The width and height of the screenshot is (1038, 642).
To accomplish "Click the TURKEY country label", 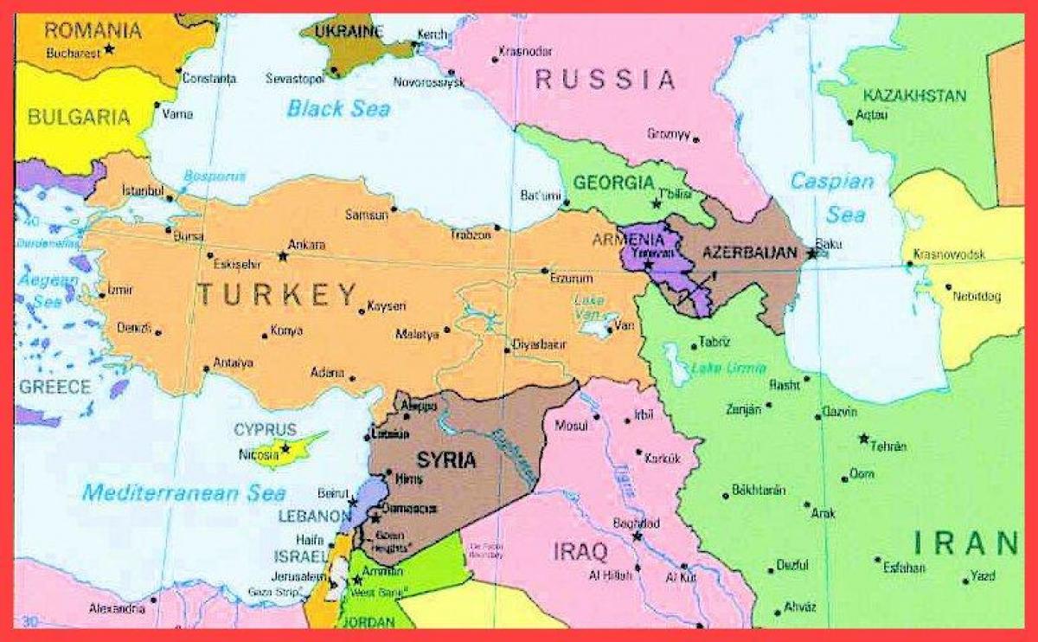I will [277, 295].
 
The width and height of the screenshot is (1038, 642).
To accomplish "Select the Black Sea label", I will [338, 109].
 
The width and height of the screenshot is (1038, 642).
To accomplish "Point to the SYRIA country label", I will [446, 459].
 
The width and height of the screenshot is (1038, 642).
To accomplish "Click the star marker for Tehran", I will [863, 439].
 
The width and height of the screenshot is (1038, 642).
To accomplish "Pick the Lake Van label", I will [588, 305].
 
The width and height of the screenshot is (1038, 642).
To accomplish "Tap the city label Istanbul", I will [143, 189].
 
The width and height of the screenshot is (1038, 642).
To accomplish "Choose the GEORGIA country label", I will [613, 183].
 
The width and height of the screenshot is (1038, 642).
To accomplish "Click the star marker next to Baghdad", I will [638, 536].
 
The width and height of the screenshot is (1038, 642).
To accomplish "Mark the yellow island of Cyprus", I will [290, 449].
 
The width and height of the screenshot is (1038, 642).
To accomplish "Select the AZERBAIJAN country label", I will [748, 253].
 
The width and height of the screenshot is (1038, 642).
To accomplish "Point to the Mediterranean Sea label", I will [183, 493].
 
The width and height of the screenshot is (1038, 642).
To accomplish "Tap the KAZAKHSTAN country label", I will [914, 95].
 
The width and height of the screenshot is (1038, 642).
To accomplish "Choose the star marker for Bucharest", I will [109, 49].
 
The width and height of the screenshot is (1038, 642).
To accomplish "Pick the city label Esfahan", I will [905, 568].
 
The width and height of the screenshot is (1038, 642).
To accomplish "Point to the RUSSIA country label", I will [605, 80].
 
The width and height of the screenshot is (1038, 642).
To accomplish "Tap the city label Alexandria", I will [117, 609].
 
